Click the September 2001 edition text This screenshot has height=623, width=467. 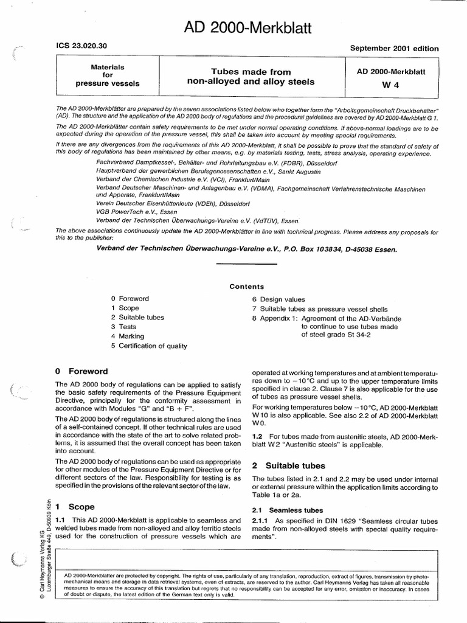[395, 49]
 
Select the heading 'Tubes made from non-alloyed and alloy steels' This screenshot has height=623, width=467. [251, 77]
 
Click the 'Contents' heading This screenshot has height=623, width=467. [246, 287]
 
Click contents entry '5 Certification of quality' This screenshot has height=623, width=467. [149, 346]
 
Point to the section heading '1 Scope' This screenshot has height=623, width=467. [75, 506]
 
